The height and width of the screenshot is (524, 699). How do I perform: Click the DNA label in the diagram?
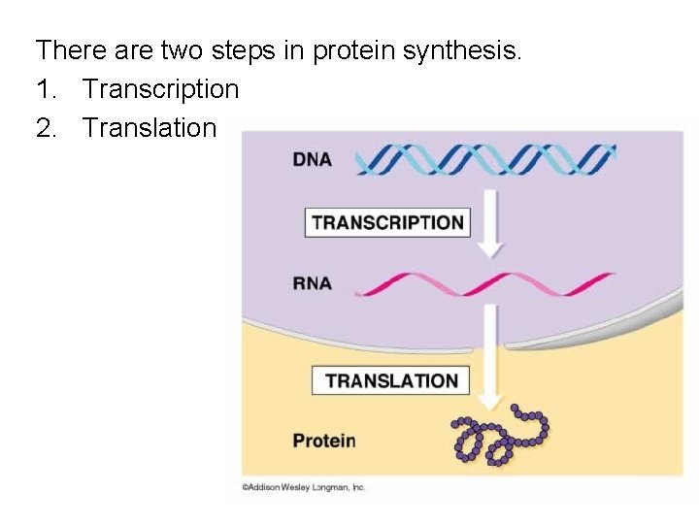312,160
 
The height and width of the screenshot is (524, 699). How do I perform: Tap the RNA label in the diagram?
312,283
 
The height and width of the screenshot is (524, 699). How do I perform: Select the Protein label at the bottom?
324,441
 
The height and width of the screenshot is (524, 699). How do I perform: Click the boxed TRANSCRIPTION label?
388,222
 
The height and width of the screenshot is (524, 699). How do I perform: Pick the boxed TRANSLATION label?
391,380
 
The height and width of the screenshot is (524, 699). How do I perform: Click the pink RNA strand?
485,283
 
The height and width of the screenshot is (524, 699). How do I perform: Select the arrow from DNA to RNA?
492,223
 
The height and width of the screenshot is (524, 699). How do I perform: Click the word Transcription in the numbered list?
160,89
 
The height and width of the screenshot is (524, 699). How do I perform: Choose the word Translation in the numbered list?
150,127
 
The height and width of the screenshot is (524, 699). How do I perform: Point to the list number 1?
43,89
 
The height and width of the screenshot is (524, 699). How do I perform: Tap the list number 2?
43,127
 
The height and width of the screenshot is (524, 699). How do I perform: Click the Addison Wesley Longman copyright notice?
304,487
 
